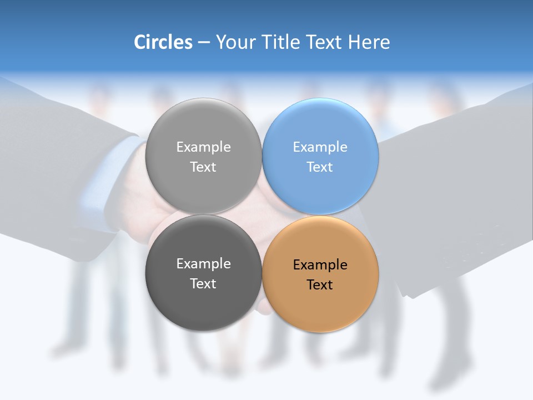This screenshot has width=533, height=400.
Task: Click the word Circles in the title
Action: (x=163, y=42)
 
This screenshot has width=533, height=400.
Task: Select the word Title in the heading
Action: (x=282, y=42)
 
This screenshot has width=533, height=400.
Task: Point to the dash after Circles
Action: (x=204, y=43)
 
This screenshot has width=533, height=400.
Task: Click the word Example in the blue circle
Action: (x=320, y=147)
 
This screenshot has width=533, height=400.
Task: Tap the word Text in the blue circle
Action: (x=320, y=167)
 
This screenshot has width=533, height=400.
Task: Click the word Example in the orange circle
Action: (x=320, y=265)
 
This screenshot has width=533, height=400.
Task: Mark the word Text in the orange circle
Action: (x=320, y=285)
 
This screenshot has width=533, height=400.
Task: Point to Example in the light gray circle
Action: (x=203, y=147)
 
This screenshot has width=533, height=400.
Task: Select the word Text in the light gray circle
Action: (x=203, y=167)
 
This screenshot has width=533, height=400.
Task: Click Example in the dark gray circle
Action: (x=203, y=264)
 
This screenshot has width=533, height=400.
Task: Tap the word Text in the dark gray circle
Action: (x=203, y=284)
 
